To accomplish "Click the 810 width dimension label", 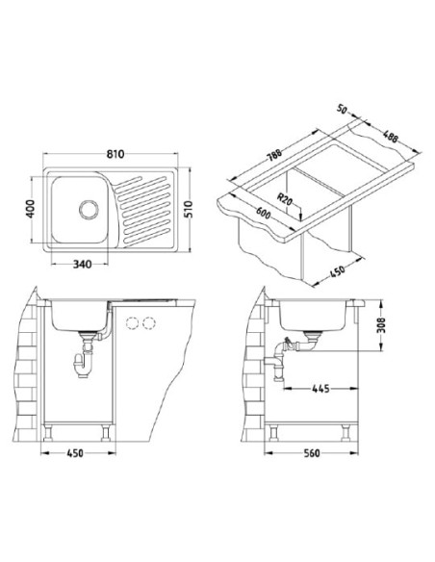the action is click(115, 154).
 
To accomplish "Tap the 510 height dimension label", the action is click(188, 210).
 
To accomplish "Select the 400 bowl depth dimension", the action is click(31, 209).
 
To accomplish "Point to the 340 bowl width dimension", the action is click(83, 265).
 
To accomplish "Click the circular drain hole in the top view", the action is click(89, 210).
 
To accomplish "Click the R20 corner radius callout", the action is click(286, 199).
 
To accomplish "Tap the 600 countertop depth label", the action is click(263, 214).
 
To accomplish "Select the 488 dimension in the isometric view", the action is click(390, 137).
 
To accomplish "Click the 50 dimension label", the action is click(343, 109).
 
